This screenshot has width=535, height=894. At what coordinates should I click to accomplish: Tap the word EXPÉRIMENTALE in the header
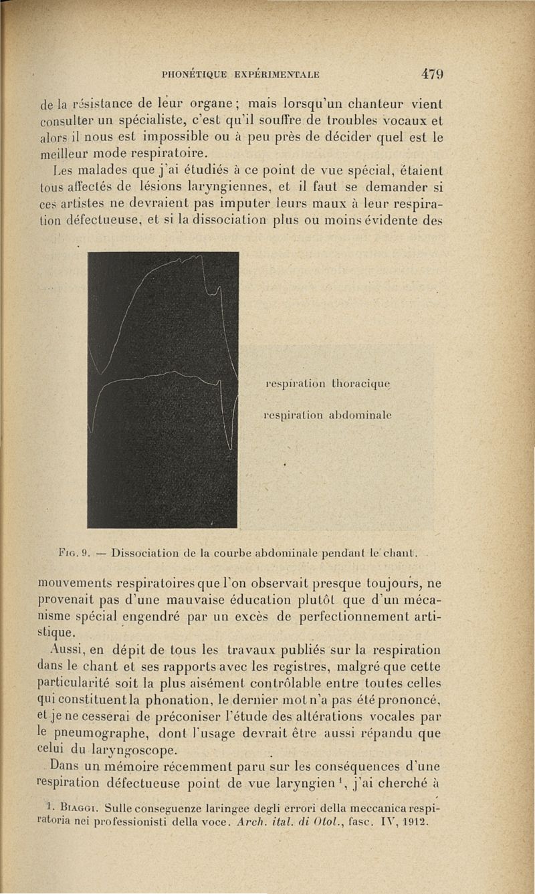pos(281,74)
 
